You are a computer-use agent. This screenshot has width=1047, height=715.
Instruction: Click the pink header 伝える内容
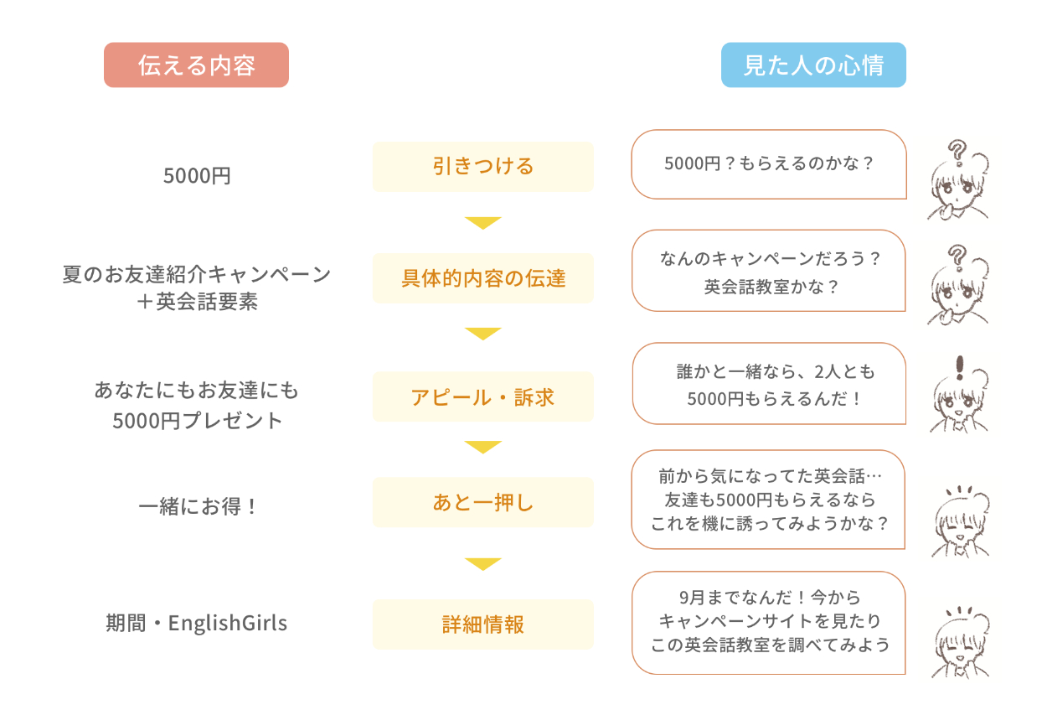(196, 65)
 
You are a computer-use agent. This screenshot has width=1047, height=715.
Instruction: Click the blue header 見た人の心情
(813, 65)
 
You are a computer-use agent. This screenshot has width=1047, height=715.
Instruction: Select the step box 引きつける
(482, 166)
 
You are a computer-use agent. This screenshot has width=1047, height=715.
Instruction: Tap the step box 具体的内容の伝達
(482, 278)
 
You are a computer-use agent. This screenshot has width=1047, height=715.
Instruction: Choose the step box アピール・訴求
(482, 396)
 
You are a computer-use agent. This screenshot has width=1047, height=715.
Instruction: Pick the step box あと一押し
(482, 503)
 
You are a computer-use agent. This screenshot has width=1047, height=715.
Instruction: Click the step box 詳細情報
(482, 624)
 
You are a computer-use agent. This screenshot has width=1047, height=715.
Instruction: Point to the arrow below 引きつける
(482, 223)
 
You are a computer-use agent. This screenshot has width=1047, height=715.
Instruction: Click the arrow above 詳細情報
(482, 563)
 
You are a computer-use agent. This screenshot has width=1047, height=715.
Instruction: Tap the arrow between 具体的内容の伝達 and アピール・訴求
(482, 334)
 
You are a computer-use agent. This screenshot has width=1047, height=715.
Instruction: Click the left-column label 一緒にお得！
(197, 507)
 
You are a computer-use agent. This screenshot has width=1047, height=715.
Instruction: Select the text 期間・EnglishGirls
(197, 624)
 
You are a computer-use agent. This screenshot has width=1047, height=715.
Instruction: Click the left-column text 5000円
(197, 176)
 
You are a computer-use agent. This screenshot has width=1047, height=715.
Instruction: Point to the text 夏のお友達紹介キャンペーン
(197, 274)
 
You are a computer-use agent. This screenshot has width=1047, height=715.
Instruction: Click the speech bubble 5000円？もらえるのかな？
(768, 164)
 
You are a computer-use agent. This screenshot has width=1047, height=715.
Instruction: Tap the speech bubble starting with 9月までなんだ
(768, 622)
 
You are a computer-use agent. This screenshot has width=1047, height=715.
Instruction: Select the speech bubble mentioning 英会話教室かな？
(768, 272)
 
